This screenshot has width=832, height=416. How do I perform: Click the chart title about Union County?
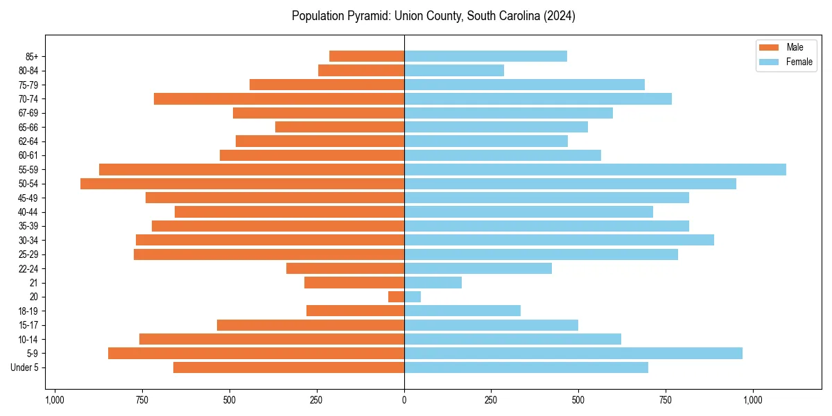(x=433, y=16)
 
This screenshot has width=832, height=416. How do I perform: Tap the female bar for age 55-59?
(x=595, y=169)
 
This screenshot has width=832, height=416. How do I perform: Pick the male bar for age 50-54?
(x=242, y=184)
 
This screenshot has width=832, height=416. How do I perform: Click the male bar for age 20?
(x=396, y=297)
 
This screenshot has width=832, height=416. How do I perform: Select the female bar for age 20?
(x=413, y=297)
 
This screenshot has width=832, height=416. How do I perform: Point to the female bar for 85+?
(x=485, y=56)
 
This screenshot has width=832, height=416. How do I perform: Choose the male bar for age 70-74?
(x=279, y=98)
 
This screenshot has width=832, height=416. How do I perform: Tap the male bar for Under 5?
(x=288, y=367)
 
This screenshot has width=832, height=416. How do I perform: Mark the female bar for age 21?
(x=433, y=282)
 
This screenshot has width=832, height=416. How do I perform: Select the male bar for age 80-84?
(x=361, y=70)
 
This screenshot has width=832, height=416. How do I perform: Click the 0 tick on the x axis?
(x=404, y=400)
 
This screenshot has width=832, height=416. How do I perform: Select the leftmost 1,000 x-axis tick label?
(x=55, y=400)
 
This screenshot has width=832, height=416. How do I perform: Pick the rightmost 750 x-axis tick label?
(x=666, y=400)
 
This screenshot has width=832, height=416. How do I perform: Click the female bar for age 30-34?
(x=559, y=240)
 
